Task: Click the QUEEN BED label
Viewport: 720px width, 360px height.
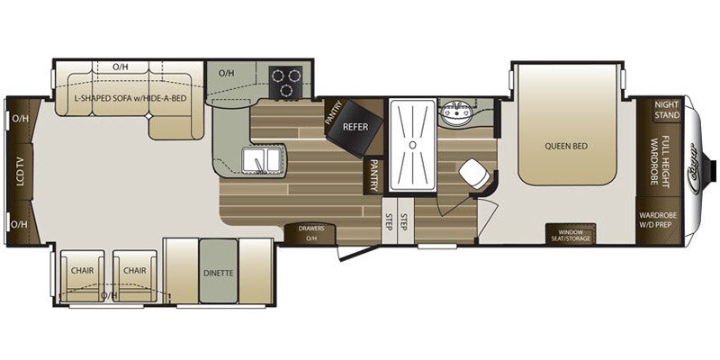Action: point(566,145)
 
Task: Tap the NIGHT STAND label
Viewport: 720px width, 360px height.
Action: point(666,110)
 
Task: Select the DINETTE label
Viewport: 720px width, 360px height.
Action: point(218,272)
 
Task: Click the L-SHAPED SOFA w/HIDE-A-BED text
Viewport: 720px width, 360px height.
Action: point(130,97)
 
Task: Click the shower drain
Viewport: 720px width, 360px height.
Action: point(410,143)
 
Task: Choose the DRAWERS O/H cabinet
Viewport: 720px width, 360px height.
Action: point(311,233)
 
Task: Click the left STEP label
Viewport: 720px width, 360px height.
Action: point(389,222)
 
